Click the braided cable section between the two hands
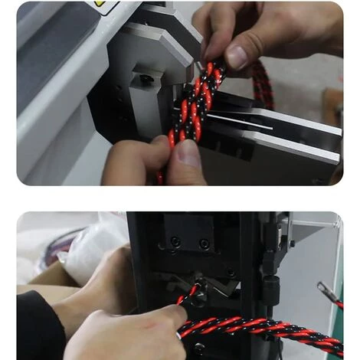tap(191, 107)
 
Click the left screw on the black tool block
tap(175, 243)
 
